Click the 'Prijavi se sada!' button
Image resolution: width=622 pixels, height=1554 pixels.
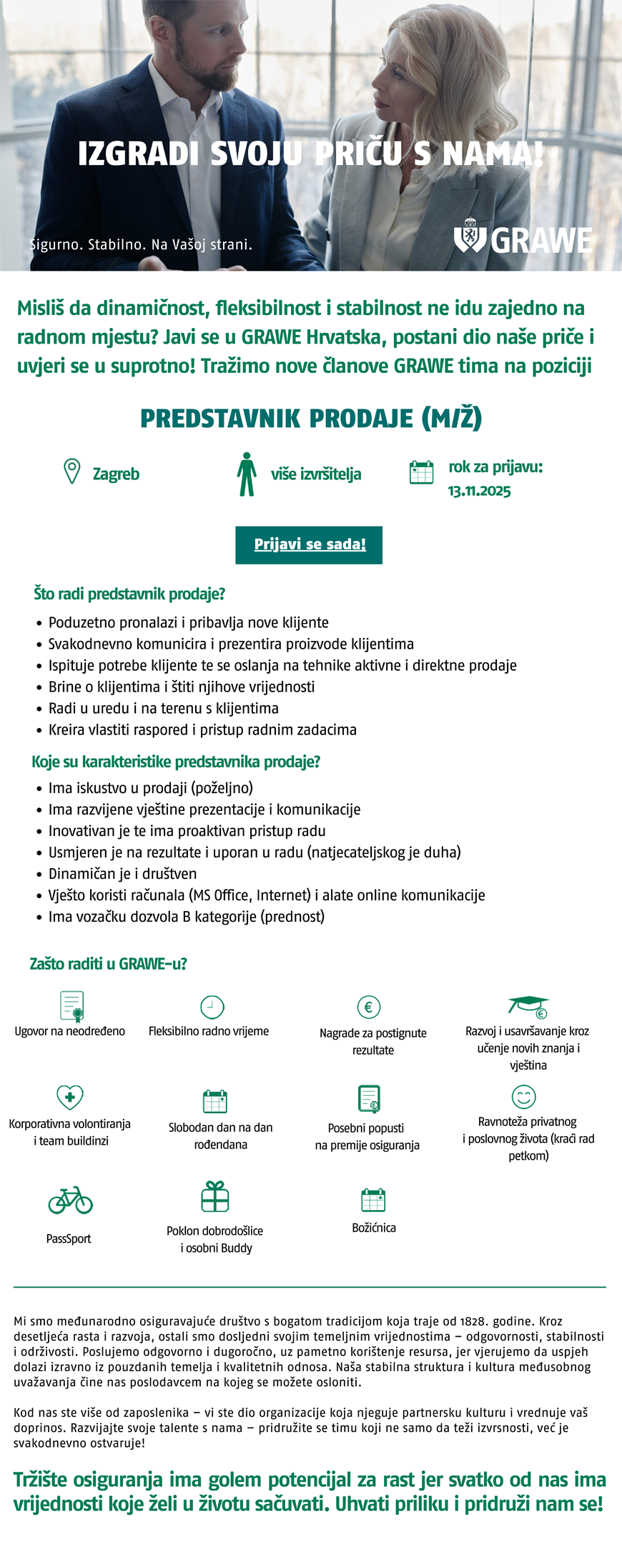(309, 544)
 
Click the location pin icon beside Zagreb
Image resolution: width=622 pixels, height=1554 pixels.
(71, 472)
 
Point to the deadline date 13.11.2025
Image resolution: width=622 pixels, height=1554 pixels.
(479, 491)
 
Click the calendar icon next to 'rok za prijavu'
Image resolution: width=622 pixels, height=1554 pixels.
(421, 472)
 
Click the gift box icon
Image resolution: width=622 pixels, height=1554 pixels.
(214, 1195)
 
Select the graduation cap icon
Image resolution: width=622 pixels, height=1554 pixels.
(528, 1006)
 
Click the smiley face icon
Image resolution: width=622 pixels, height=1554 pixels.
(524, 1097)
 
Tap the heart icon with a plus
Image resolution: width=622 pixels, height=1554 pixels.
(70, 1097)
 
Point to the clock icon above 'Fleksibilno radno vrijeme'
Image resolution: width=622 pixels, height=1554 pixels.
(212, 1007)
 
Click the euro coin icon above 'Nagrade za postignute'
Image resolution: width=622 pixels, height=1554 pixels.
(368, 1007)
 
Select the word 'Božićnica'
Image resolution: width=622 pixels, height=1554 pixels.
(374, 1227)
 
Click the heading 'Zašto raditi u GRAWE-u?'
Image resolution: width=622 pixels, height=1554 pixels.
(108, 964)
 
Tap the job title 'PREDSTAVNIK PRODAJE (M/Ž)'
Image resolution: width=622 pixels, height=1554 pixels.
(311, 418)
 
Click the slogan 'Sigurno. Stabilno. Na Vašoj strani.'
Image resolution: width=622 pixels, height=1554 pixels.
(142, 244)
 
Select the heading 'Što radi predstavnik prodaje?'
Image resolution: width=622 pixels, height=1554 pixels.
(129, 594)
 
